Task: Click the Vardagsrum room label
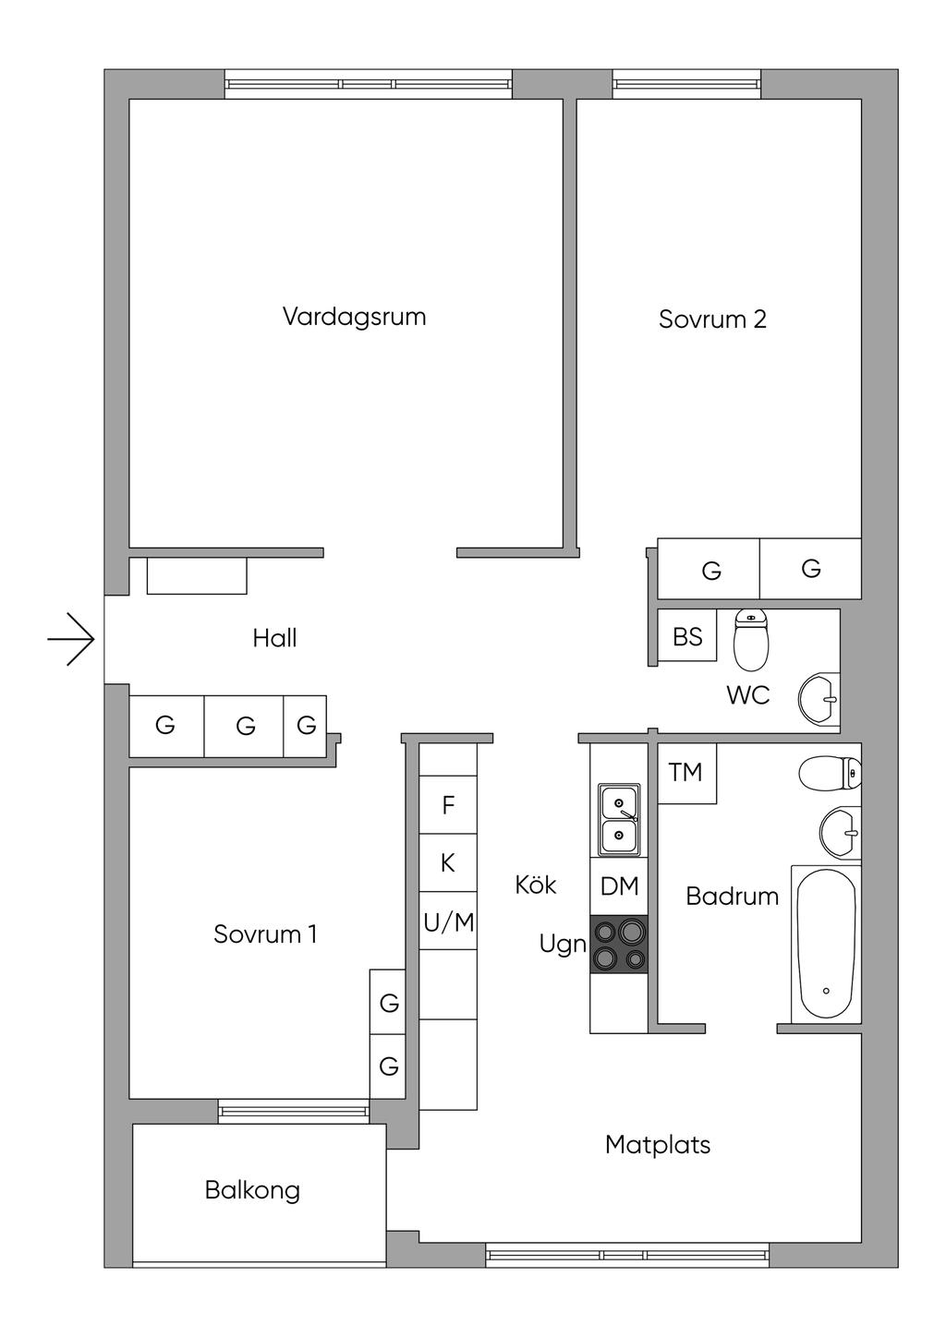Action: [354, 317]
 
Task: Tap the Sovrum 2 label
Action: [712, 319]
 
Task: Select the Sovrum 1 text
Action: [265, 934]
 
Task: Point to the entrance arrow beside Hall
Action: [71, 639]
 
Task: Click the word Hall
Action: [274, 638]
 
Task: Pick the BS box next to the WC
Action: [686, 635]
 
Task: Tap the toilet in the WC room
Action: [751, 639]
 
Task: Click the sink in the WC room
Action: [819, 700]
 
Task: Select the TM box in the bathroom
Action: [686, 773]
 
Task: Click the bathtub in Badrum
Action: [826, 945]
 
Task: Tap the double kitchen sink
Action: [619, 819]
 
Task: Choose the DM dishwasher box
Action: [619, 886]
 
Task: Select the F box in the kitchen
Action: [448, 804]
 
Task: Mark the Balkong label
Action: [252, 1190]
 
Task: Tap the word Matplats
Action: [658, 1145]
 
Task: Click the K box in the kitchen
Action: [448, 863]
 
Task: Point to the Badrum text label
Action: [733, 896]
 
